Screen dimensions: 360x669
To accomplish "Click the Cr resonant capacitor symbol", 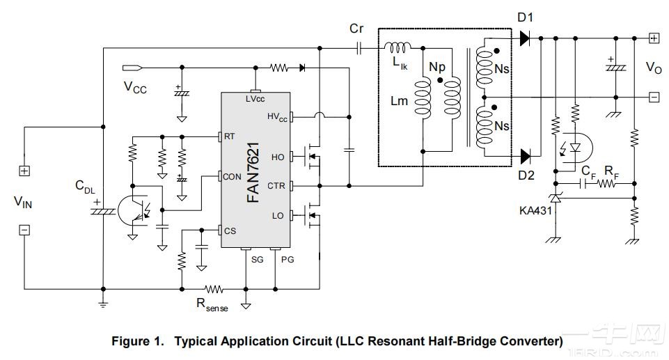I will [x=359, y=48].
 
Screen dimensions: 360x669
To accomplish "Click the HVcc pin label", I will [x=277, y=116].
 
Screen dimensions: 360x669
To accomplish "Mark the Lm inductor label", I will [x=399, y=101].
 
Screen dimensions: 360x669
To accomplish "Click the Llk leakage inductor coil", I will [x=399, y=48].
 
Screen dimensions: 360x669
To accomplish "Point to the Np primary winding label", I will [x=437, y=67].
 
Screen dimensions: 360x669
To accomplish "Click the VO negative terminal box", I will [x=654, y=97].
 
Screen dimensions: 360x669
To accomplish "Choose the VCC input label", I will [x=135, y=88].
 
